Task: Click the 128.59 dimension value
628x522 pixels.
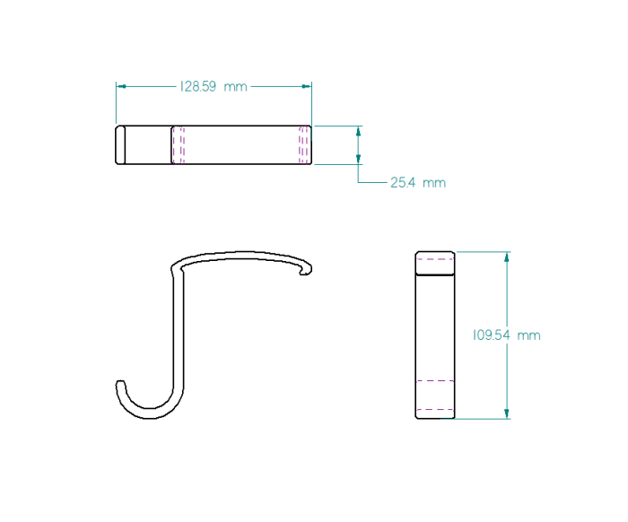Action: (198, 86)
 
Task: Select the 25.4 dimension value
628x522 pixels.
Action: (403, 183)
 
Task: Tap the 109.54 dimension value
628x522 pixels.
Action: (492, 335)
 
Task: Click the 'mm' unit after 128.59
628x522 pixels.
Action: (235, 87)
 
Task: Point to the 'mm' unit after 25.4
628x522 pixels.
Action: (434, 183)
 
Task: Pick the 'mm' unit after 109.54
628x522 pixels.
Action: (528, 335)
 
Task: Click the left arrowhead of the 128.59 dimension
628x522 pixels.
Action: (121, 86)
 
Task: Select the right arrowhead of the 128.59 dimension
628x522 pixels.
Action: (307, 86)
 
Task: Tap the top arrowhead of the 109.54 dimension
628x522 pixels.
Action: (507, 257)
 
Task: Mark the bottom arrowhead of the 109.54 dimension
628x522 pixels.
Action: (507, 413)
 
